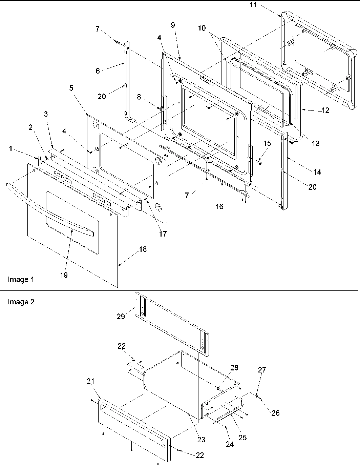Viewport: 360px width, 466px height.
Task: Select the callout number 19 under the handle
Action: click(64, 275)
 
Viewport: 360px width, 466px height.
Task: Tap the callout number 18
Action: click(143, 249)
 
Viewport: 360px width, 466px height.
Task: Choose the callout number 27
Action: click(262, 370)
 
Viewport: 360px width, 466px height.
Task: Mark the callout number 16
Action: click(219, 206)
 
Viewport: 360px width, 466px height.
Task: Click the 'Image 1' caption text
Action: click(21, 280)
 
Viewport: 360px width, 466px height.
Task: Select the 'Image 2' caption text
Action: click(21, 302)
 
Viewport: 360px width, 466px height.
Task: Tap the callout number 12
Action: click(326, 110)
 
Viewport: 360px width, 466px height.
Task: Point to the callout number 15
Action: click(267, 143)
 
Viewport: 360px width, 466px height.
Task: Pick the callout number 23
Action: click(201, 440)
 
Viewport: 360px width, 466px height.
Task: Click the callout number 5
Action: click(71, 88)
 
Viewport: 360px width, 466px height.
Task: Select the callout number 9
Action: click(173, 25)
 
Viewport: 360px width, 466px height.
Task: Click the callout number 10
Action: click(202, 28)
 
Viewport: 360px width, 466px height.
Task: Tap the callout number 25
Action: click(242, 438)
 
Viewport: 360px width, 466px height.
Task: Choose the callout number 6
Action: click(98, 70)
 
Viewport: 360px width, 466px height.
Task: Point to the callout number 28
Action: click(234, 368)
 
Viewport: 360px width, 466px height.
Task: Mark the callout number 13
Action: click(315, 143)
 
